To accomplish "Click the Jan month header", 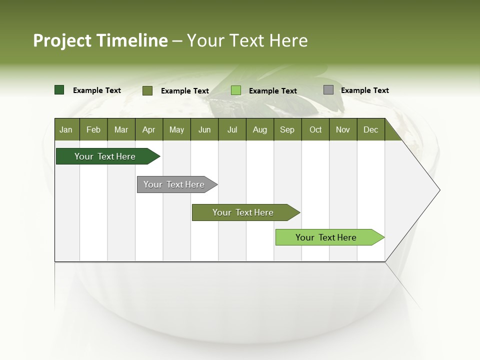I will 66,129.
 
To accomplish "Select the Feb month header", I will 93,129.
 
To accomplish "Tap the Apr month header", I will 148,129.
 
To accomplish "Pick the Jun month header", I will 204,129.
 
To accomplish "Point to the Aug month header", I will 259,129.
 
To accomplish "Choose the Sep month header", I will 287,129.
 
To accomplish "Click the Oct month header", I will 315,129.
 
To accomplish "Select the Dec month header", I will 370,129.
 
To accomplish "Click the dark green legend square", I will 59,90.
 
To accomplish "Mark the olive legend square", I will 147,90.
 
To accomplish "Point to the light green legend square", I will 236,90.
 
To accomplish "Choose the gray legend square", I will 328,90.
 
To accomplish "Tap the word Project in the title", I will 62,40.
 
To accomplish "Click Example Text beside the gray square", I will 364,90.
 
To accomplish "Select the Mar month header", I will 121,129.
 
